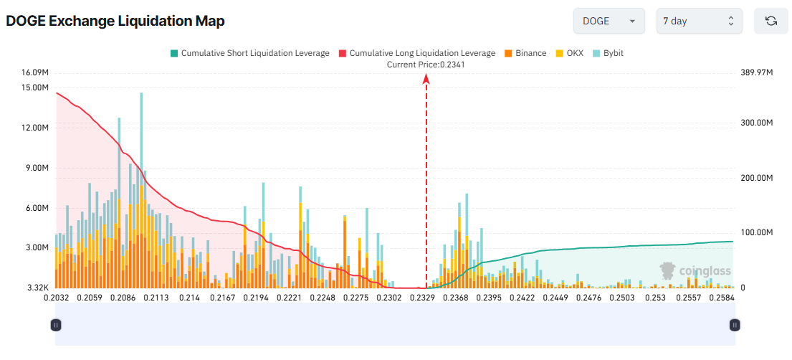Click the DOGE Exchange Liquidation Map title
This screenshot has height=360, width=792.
pyautogui.click(x=115, y=22)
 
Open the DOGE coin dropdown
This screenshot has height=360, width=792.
pyautogui.click(x=609, y=21)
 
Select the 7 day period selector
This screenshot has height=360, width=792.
pyautogui.click(x=699, y=21)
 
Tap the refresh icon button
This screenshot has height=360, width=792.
pyautogui.click(x=771, y=21)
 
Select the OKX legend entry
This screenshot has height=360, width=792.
pyautogui.click(x=570, y=53)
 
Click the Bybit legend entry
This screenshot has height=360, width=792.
pyautogui.click(x=608, y=53)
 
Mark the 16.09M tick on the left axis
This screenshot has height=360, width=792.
pyautogui.click(x=35, y=72)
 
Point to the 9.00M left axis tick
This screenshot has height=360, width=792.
pyautogui.click(x=36, y=168)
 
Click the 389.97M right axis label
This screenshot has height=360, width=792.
pyautogui.click(x=756, y=72)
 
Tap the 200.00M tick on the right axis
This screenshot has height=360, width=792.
pyautogui.click(x=756, y=178)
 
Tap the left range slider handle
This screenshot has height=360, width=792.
pyautogui.click(x=56, y=325)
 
